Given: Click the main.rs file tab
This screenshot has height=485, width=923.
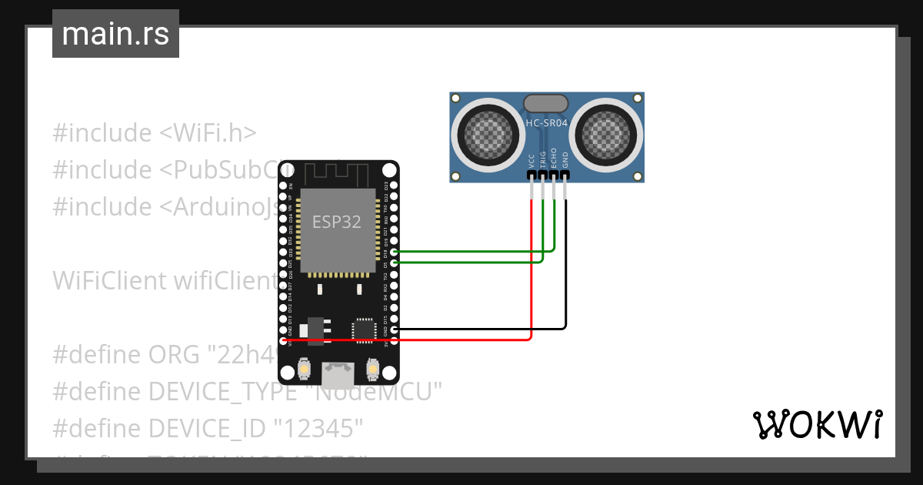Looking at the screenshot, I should tap(115, 34).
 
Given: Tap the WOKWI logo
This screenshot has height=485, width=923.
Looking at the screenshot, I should tap(817, 424).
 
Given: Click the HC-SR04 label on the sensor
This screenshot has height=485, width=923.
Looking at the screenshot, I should tap(546, 122).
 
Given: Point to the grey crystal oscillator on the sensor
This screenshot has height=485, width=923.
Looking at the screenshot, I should tap(545, 102).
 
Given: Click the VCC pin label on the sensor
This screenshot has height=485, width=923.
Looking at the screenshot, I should tap(531, 160).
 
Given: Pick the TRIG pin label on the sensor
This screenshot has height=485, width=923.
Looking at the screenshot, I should tap(543, 159).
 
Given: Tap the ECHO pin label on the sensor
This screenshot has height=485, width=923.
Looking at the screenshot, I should tap(554, 159).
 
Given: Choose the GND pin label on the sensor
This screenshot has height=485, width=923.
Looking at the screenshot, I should tap(565, 160).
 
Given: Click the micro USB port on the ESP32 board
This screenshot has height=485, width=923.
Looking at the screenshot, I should tap(338, 376).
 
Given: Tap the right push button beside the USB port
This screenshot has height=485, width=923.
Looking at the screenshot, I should tap(372, 370).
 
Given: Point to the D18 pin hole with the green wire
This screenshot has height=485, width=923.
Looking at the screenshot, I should tap(395, 252).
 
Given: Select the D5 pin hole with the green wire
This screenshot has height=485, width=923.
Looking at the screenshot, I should tap(395, 263).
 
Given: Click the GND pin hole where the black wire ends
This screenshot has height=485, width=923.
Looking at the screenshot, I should tap(395, 329).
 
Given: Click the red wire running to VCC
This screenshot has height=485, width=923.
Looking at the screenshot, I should tap(531, 269).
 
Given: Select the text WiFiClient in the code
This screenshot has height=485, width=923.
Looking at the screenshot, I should tap(104, 281).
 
